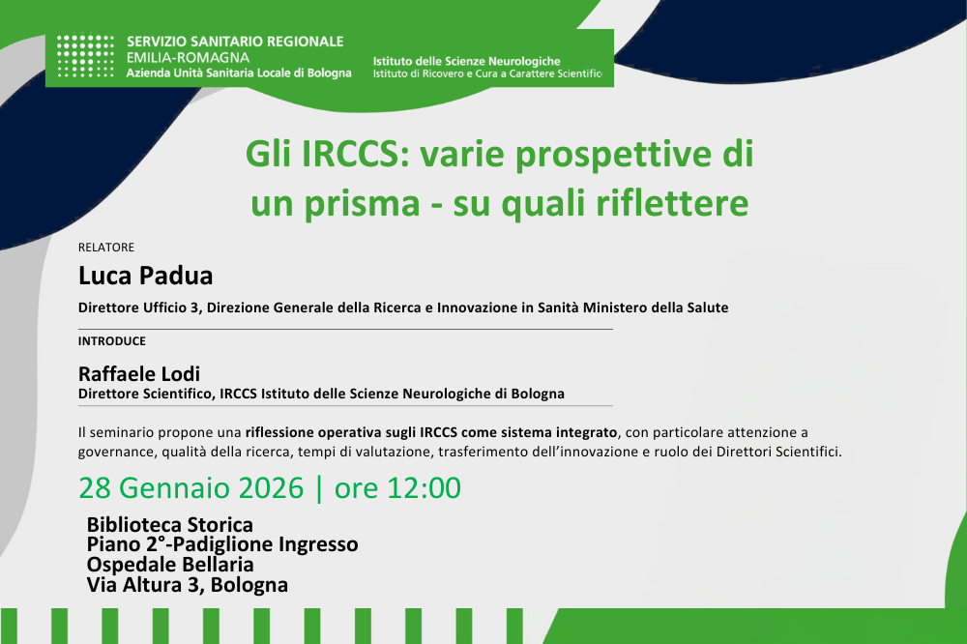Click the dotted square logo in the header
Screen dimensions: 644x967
pyautogui.click(x=85, y=57)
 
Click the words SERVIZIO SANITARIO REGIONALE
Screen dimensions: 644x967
pyautogui.click(x=235, y=42)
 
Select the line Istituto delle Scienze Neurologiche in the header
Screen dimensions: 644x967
pyautogui.click(x=466, y=61)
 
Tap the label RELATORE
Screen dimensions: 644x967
pyautogui.click(x=106, y=248)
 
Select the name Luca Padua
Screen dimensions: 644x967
pyautogui.click(x=145, y=276)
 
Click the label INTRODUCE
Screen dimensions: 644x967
pyautogui.click(x=112, y=341)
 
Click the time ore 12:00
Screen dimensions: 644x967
pyautogui.click(x=397, y=488)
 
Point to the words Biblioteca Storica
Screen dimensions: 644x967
pyautogui.click(x=169, y=525)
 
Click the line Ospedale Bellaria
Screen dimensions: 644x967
pyautogui.click(x=170, y=565)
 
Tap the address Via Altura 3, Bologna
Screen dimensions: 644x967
pyautogui.click(x=187, y=585)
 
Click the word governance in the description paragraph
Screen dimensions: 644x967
pyautogui.click(x=113, y=452)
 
